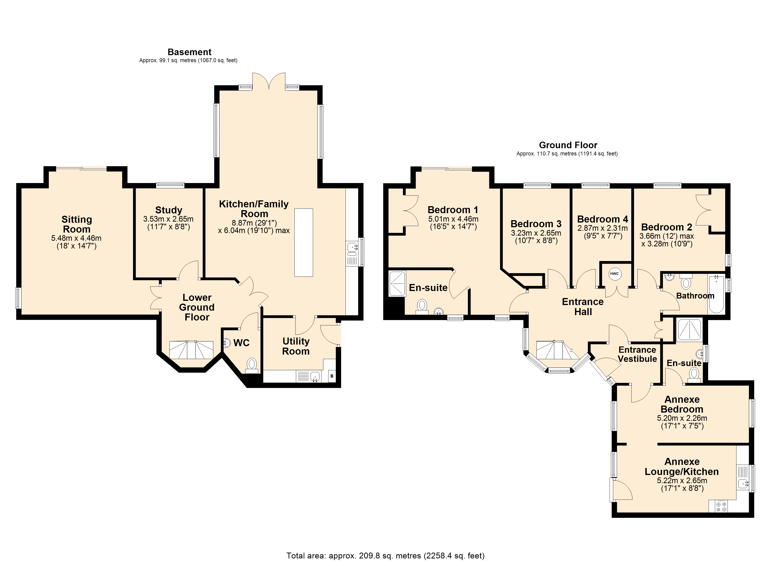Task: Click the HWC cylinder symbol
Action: tap(614, 274)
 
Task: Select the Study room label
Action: tap(169, 210)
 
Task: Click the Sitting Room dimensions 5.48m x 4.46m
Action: tap(76, 238)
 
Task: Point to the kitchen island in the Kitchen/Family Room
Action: tap(303, 243)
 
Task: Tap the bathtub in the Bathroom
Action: tap(716, 294)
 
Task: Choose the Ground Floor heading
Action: tap(568, 145)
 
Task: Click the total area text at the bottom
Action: tap(385, 556)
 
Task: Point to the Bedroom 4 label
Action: tap(602, 219)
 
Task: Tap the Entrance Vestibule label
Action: tap(637, 354)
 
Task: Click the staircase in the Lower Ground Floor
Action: tap(191, 350)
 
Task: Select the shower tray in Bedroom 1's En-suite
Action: tap(397, 283)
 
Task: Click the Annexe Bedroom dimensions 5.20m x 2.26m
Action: tap(682, 418)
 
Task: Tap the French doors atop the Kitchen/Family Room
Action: tap(269, 81)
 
